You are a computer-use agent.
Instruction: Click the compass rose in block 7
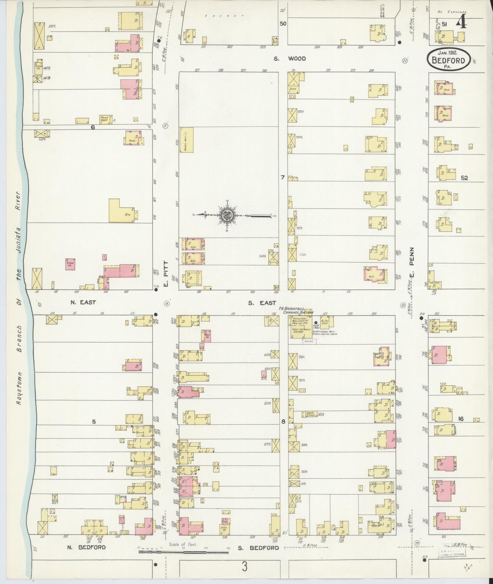(228, 216)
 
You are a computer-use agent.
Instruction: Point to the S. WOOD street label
(289, 58)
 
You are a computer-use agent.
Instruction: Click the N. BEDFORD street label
(86, 547)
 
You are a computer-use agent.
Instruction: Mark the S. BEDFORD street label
(258, 548)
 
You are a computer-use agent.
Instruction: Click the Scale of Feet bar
(183, 552)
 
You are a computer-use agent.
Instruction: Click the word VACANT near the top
(225, 16)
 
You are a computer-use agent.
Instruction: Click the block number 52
(464, 178)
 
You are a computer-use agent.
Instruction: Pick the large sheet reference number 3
(245, 567)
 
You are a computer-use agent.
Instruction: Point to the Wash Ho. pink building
(207, 336)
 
